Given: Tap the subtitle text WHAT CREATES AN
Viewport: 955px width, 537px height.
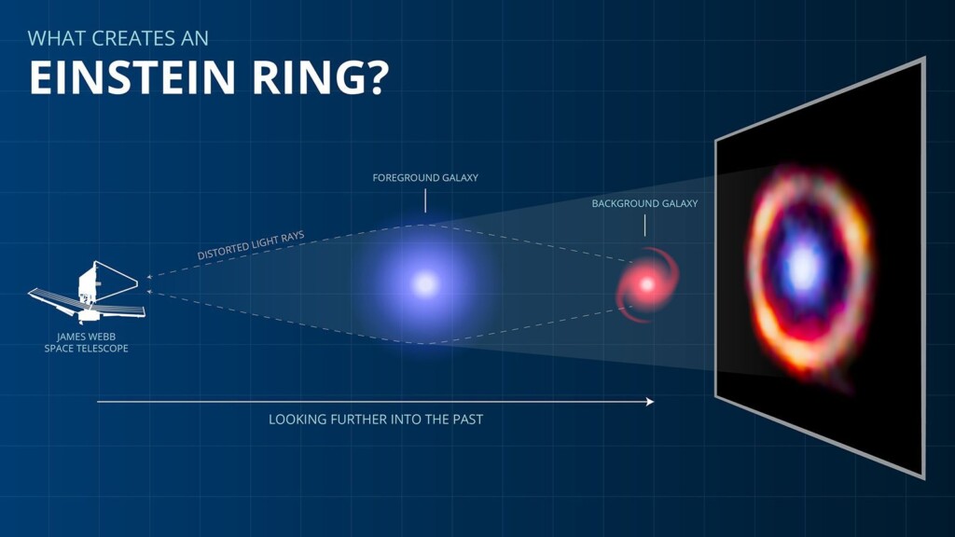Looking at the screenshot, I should pyautogui.click(x=118, y=38).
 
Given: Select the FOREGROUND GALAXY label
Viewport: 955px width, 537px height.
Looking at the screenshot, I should pyautogui.click(x=425, y=177).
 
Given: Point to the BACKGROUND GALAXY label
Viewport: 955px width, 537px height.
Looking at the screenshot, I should pyautogui.click(x=644, y=203).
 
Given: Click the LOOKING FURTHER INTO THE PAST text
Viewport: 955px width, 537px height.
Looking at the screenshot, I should pyautogui.click(x=376, y=420).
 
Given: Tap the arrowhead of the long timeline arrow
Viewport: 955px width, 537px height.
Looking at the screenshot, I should pyautogui.click(x=650, y=402).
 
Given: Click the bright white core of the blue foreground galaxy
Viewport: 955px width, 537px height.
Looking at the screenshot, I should pyautogui.click(x=425, y=283).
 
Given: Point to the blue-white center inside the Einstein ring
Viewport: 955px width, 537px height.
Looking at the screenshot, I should pyautogui.click(x=802, y=268).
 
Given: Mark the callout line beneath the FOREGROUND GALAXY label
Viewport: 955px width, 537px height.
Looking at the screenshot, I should pyautogui.click(x=425, y=200).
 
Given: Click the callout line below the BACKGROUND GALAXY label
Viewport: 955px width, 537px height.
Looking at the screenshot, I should pyautogui.click(x=644, y=225).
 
